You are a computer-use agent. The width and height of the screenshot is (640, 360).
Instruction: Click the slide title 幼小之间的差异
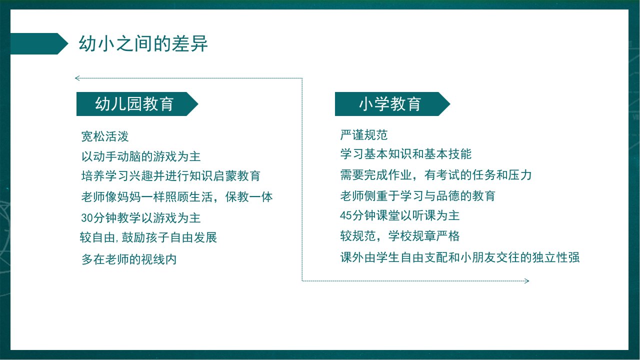143,43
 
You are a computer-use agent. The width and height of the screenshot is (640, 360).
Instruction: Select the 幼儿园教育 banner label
134,103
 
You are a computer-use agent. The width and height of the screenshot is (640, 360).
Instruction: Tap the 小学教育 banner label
390,103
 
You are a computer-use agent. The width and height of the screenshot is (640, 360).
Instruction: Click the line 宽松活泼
105,136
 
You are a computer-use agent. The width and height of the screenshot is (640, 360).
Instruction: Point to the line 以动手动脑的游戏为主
141,156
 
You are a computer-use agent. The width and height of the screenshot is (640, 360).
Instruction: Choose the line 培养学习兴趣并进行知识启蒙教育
171,175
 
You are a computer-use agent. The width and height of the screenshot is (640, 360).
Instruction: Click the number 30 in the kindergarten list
87,218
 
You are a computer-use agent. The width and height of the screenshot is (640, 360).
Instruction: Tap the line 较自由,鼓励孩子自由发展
148,237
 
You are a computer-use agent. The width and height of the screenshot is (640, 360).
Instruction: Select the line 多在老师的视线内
129,259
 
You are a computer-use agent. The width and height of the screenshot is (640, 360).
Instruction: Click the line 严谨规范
364,135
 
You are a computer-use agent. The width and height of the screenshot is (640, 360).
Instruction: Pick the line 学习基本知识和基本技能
405,154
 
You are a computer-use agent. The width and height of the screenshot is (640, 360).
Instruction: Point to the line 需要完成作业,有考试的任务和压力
436,175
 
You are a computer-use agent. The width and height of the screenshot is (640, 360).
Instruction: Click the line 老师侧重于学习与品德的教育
417,195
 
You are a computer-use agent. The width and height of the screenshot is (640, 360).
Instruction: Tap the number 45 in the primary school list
345,215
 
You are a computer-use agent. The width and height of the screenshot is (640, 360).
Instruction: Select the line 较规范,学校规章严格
400,236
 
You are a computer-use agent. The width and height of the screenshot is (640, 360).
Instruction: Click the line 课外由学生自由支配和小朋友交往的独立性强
460,257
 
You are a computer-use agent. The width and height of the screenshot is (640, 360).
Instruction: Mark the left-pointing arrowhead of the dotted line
77,78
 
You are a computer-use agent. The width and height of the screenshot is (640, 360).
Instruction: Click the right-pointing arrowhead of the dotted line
527,281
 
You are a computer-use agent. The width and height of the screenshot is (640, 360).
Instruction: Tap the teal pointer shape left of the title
39,43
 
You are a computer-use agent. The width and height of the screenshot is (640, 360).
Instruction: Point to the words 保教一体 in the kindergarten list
249,197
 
